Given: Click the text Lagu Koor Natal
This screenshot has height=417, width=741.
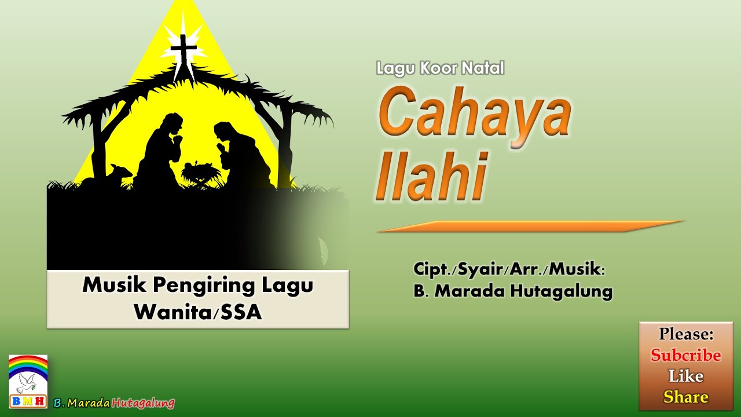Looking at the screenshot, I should [440, 68].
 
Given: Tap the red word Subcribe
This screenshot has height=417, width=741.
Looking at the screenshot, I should [685, 355].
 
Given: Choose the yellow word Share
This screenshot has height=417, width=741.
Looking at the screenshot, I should [685, 397].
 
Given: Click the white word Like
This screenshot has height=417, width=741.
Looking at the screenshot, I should [685, 376].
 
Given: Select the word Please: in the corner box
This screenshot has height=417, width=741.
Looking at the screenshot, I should [685, 334].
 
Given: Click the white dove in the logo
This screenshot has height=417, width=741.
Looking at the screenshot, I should [25, 382].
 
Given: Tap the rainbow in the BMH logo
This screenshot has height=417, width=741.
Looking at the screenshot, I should [28, 365].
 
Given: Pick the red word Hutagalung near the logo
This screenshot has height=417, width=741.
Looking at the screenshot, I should [143, 403].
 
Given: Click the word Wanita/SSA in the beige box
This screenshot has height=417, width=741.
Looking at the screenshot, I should [198, 312].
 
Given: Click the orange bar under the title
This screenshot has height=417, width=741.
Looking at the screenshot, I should [530, 226].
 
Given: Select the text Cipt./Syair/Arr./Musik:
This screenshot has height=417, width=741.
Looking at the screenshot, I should [509, 269].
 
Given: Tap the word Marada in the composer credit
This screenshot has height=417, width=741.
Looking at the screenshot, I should [469, 291].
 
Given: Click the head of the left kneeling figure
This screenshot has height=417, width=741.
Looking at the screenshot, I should [173, 123].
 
